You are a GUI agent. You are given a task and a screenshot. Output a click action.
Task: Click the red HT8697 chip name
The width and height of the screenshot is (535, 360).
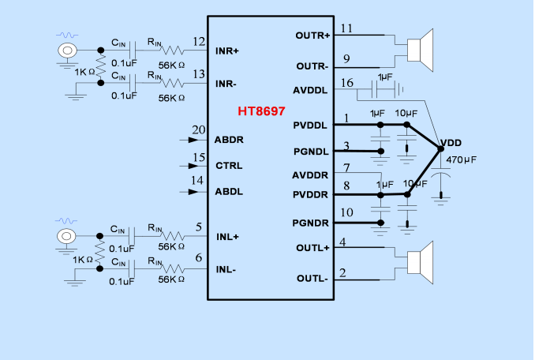(261, 112)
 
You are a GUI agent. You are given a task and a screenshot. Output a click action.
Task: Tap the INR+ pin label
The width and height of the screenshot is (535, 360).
(227, 51)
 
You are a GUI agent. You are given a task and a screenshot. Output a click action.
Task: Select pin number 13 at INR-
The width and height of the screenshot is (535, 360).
(200, 74)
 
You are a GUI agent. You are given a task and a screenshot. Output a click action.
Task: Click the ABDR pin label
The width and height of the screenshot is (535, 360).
(229, 140)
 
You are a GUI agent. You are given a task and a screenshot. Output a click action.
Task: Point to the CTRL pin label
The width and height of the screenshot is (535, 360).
(229, 166)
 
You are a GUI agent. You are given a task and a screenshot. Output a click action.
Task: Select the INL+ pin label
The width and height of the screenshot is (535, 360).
(227, 236)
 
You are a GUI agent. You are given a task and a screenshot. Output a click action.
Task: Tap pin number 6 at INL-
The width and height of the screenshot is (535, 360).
(198, 257)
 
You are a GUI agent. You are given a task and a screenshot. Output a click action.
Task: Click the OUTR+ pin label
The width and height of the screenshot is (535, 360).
(312, 36)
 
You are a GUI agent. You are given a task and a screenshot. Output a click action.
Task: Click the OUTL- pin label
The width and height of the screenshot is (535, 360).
(312, 279)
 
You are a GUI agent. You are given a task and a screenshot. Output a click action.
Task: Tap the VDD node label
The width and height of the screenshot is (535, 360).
(451, 143)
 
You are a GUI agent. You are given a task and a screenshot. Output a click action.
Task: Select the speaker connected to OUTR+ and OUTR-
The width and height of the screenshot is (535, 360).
(419, 49)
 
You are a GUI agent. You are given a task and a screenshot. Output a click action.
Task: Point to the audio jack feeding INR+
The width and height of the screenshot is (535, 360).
(68, 51)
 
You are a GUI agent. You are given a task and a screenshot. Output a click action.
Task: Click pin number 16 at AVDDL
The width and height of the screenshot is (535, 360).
(346, 83)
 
